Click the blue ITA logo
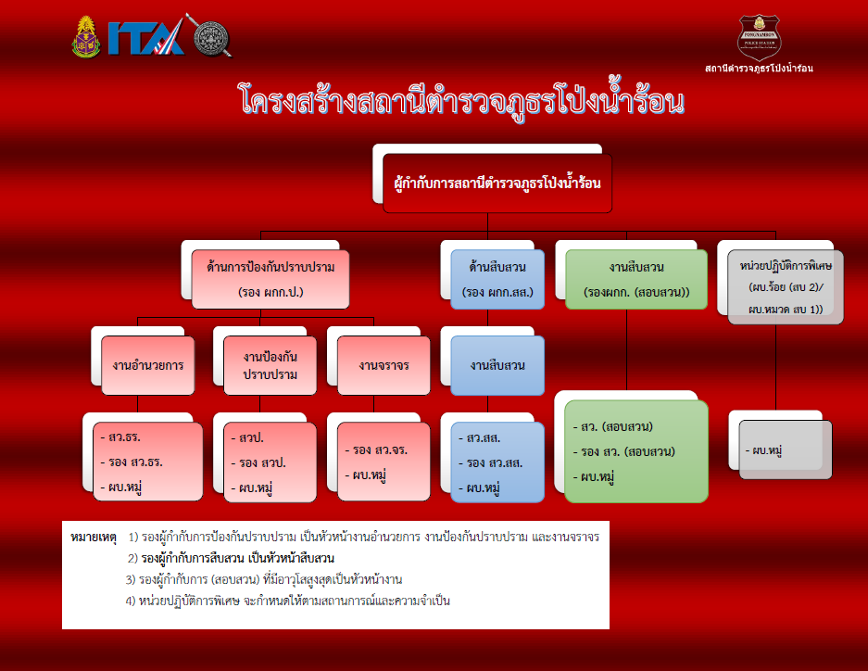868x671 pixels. [x=146, y=38]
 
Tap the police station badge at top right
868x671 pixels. [x=759, y=38]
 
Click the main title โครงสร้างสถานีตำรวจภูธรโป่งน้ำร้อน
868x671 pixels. [x=462, y=100]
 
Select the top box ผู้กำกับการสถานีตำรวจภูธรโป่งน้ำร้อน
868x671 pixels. [x=497, y=184]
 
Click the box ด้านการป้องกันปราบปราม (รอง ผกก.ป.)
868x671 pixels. [x=270, y=279]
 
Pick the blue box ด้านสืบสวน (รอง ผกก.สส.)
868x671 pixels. [x=497, y=279]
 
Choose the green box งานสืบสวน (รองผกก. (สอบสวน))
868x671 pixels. [x=636, y=279]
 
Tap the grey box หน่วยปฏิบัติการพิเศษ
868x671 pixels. [x=785, y=286]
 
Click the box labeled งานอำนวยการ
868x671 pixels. [x=148, y=365]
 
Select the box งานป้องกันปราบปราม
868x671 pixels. [x=270, y=365]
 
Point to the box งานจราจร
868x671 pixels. [x=384, y=365]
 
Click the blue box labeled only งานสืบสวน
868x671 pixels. [x=497, y=365]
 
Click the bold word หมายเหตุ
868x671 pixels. [x=94, y=537]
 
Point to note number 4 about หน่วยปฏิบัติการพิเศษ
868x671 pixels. [x=288, y=601]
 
